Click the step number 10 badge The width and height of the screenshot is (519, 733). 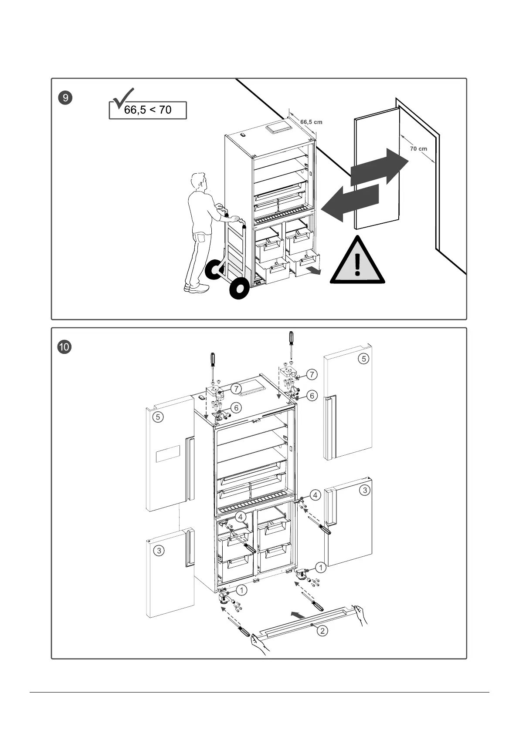point(65,347)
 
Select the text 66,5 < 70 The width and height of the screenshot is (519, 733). point(148,110)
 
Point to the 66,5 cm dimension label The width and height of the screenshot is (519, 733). point(311,122)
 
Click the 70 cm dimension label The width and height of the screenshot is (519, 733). point(418,149)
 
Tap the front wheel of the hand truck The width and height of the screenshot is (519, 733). point(238,289)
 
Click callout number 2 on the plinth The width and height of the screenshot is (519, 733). point(322,630)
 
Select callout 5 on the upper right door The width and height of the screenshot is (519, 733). point(363,359)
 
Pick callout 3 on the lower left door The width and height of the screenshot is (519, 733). point(159,551)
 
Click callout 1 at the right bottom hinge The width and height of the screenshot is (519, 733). point(321,568)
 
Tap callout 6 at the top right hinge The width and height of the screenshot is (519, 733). point(312,396)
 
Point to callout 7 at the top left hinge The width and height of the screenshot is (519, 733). point(236,389)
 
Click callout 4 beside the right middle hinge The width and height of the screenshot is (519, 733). point(315,495)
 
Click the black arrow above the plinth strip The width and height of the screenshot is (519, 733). point(299,615)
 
